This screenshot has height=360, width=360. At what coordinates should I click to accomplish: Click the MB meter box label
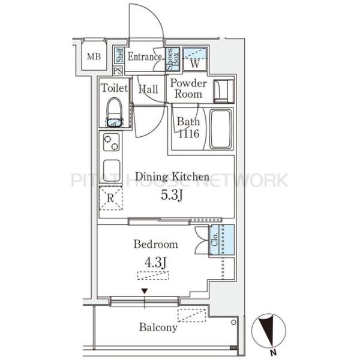point(94,56)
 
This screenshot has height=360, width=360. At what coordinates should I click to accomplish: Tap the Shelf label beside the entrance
point(119,55)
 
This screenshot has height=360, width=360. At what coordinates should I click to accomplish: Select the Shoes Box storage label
point(172,59)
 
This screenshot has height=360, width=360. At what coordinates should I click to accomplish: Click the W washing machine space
point(195,59)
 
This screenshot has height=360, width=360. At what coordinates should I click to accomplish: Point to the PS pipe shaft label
point(118,71)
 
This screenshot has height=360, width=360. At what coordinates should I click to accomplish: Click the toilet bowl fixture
point(115,112)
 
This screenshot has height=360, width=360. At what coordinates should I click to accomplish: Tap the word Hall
point(148,89)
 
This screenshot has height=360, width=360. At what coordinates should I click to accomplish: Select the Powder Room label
point(188,89)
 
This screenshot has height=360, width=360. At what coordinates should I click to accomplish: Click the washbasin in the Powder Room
point(224,91)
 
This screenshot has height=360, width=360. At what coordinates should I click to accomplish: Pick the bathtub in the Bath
point(221,129)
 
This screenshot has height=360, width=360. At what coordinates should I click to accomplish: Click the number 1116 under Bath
point(188,134)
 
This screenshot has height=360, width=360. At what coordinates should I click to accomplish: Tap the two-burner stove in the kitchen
point(112,142)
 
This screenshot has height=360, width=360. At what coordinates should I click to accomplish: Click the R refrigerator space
point(110,198)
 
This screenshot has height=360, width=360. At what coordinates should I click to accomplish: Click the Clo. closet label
point(214,239)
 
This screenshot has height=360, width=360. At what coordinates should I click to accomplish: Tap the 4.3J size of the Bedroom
point(155,262)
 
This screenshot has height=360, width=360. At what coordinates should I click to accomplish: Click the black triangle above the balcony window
point(145,291)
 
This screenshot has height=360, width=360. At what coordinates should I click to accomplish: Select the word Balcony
point(158,327)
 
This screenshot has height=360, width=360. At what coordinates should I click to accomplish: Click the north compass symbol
point(269,331)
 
